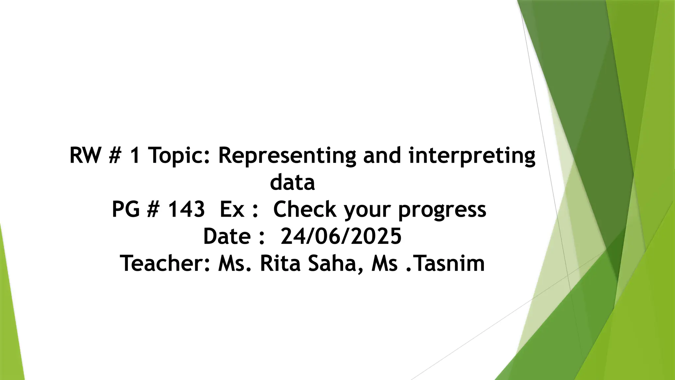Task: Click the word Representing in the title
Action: click(287, 156)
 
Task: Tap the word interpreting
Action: click(472, 156)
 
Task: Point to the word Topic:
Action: click(179, 156)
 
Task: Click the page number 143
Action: click(187, 209)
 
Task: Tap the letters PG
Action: click(126, 209)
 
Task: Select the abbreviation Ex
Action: click(232, 209)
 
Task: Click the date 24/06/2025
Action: click(341, 237)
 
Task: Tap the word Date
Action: click(227, 237)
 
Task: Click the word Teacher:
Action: click(165, 264)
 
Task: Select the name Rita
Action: click(280, 264)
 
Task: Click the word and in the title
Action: click(382, 156)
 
